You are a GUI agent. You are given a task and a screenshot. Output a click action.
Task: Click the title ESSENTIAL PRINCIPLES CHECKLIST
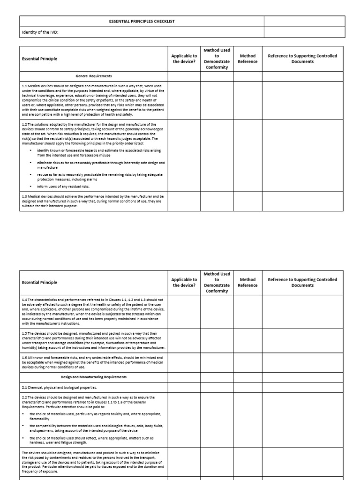[x=141, y=22]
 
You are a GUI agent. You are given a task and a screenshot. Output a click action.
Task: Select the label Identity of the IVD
[x=40, y=32]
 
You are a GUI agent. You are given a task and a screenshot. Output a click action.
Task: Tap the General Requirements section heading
[x=94, y=76]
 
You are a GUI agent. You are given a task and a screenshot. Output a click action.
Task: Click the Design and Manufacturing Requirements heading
[x=94, y=377]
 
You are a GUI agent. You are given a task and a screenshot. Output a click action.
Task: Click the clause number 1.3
[x=25, y=196]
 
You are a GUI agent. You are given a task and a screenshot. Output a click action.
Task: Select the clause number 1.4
[x=25, y=299]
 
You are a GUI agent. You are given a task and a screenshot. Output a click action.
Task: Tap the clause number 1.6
[x=25, y=357]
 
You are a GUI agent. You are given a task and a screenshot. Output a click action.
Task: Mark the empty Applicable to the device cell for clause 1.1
[x=184, y=100]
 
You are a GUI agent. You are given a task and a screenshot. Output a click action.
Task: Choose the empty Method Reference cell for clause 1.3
[x=247, y=202]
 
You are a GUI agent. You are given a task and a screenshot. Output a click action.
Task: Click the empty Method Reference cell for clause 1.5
[x=247, y=340]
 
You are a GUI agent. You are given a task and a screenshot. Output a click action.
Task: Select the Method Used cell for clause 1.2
[x=217, y=155]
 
